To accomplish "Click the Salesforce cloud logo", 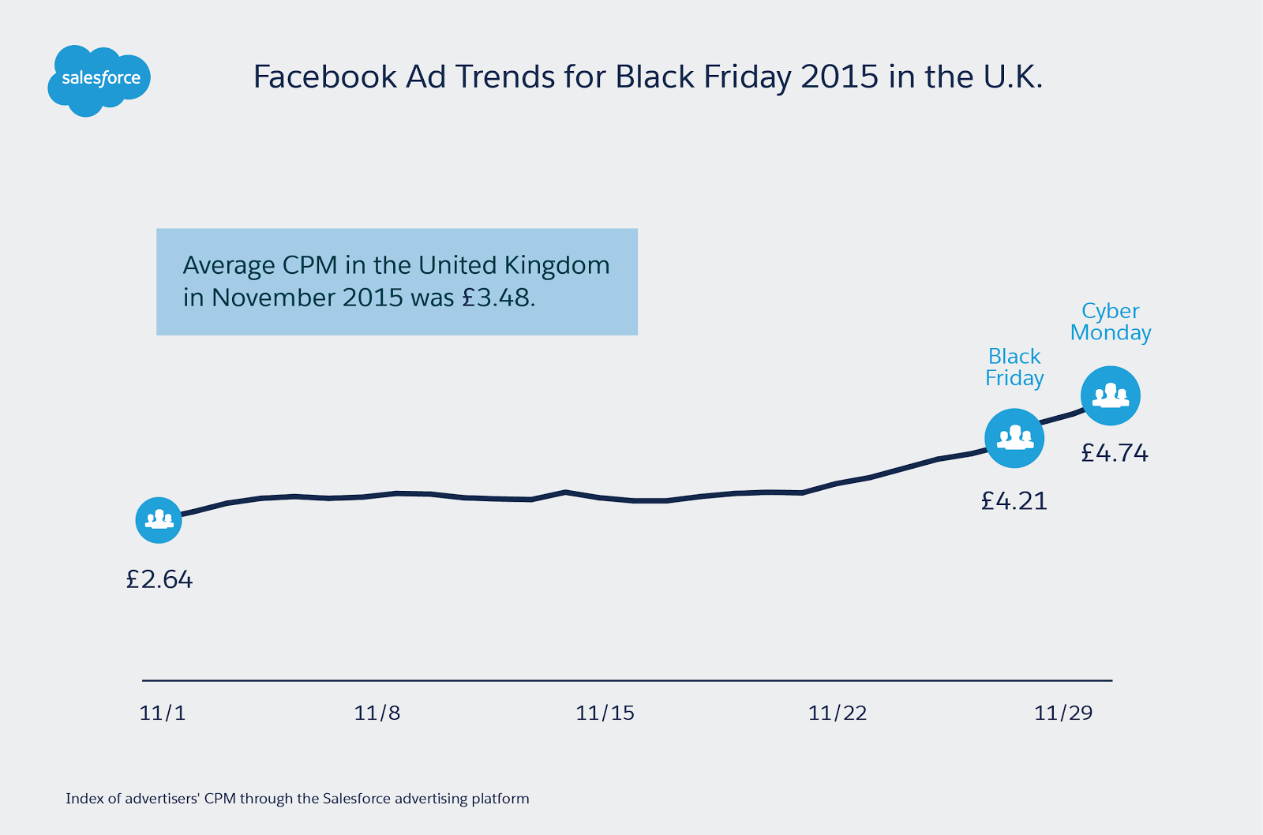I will click(x=99, y=80).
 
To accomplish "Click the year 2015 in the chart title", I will click(x=839, y=77).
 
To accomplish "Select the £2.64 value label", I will click(x=159, y=580).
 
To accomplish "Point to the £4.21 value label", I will click(x=1014, y=501).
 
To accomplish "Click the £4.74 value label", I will click(x=1115, y=453).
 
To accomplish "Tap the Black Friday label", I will click(x=1014, y=367).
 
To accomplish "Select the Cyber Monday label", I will click(x=1111, y=322).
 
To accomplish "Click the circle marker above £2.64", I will click(x=159, y=520).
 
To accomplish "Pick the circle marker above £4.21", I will click(x=1014, y=438).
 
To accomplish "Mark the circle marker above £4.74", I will click(x=1111, y=395).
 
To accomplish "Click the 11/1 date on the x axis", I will click(x=163, y=713).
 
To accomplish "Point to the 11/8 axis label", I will click(x=377, y=713).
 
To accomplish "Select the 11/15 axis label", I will click(x=605, y=713).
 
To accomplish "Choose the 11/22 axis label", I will click(x=838, y=713).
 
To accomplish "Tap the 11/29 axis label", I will click(x=1063, y=713).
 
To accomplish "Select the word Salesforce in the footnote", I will click(x=357, y=799).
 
